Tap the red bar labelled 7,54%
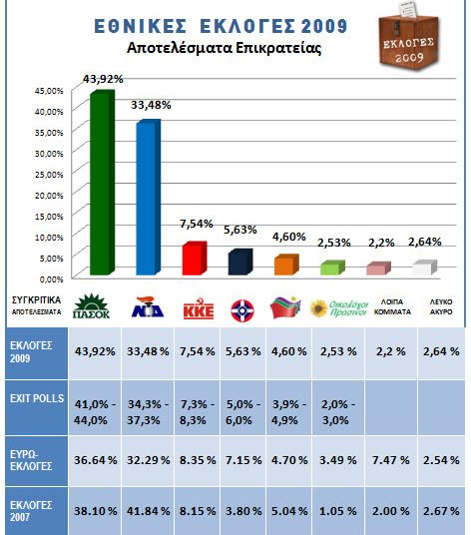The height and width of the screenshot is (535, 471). (194, 259)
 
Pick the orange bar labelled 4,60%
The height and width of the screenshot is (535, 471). (285, 265)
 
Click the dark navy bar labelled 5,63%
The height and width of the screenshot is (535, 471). (239, 262)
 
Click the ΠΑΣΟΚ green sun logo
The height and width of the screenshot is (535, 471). (93, 304)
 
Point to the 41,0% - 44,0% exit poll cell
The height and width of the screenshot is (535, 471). (96, 406)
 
